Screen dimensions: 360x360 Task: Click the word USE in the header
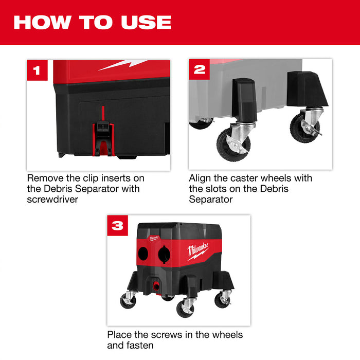pyautogui.click(x=146, y=22)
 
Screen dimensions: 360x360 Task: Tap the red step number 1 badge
pyautogui.click(x=37, y=70)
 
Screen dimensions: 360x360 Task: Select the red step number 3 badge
pyautogui.click(x=117, y=225)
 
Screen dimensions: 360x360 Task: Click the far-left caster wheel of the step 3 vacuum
pyautogui.click(x=128, y=301)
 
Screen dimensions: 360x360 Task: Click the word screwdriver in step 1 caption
pyautogui.click(x=52, y=199)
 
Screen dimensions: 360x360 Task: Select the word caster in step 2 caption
pyautogui.click(x=251, y=178)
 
